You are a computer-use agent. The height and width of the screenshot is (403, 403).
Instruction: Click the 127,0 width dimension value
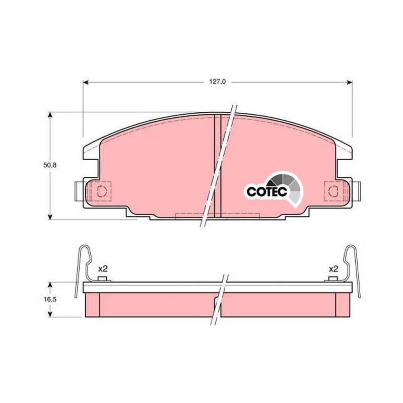(217, 82)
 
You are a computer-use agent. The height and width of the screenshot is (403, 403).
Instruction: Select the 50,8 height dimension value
(50, 165)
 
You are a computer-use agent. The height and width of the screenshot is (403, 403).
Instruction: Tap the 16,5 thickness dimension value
(50, 299)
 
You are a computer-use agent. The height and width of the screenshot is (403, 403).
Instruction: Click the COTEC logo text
(266, 191)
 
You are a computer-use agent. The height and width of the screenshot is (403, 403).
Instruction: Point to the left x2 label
(103, 269)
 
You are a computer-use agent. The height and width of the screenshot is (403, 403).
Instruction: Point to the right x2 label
(333, 269)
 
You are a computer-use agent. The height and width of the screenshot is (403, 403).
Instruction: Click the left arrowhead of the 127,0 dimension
(86, 82)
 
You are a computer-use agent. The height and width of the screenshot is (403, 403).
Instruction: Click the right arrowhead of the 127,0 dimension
(349, 82)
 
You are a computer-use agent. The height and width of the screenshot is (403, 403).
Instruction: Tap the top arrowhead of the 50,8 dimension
(50, 115)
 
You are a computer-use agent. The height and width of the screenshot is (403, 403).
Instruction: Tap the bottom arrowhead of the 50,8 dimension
(50, 217)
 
